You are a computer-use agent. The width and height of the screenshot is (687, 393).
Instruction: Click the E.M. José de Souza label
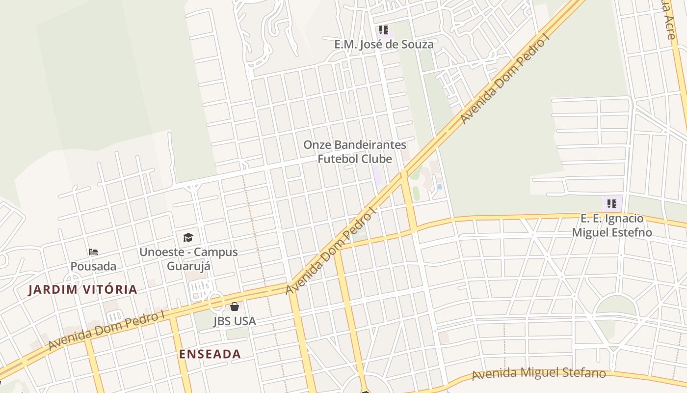[384, 44]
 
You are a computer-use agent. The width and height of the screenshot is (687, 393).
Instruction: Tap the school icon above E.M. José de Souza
[384, 30]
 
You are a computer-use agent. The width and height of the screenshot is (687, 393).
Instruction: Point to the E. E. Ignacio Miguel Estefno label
[612, 225]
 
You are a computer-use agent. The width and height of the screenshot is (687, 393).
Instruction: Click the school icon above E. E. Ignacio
[611, 203]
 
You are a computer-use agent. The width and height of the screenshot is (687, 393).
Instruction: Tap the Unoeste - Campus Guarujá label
[188, 259]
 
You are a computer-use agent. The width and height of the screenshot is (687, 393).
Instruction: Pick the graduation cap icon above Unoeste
[188, 238]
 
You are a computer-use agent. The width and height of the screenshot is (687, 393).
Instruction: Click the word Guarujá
[188, 266]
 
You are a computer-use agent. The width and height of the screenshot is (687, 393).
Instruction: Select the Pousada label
[93, 266]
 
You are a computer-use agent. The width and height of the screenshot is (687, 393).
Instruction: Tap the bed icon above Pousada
[93, 252]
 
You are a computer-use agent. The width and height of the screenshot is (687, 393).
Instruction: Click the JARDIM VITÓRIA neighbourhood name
[82, 289]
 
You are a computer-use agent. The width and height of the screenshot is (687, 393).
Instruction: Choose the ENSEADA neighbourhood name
[210, 354]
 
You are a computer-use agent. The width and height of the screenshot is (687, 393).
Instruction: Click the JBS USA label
[235, 321]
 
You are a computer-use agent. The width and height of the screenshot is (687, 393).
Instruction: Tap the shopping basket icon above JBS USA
[235, 307]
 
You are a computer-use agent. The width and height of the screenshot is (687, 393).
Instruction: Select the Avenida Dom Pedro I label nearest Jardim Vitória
[106, 330]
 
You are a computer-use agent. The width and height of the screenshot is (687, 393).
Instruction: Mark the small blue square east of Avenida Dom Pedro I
[439, 187]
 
